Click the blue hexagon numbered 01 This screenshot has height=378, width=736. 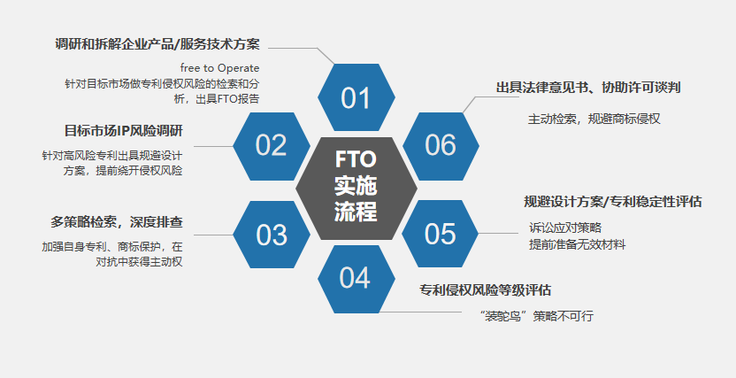(x=356, y=97)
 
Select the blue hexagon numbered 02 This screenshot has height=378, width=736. (x=272, y=144)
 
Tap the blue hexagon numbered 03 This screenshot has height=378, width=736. (x=272, y=235)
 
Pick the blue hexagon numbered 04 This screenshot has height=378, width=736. (x=355, y=278)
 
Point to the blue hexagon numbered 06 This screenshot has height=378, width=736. (x=440, y=144)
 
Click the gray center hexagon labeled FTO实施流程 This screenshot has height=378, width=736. (x=356, y=187)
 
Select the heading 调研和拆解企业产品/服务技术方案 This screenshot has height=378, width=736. (x=157, y=43)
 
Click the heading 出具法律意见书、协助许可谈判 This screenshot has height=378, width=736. (x=588, y=88)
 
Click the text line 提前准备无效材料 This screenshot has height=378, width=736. (x=577, y=244)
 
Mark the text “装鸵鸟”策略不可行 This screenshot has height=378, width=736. (x=535, y=315)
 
